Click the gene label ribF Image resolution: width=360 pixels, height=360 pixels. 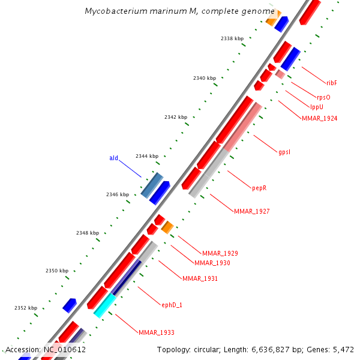point(332,83)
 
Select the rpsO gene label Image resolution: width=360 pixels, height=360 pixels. point(323,97)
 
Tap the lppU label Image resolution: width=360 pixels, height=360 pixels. point(317,107)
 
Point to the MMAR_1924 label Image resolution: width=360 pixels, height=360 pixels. point(319,118)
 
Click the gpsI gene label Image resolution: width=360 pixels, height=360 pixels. point(284,152)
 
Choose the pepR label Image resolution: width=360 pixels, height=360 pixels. point(259,188)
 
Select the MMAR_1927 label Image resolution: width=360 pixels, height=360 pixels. point(251,211)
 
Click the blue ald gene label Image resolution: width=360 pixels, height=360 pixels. point(113,158)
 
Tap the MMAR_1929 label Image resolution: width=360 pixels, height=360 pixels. point(220,253)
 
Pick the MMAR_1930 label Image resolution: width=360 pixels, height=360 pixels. point(212,263)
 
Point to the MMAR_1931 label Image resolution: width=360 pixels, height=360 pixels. point(200,278)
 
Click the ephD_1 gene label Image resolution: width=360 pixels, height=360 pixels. point(172,305)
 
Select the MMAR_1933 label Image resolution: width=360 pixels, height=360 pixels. point(156,332)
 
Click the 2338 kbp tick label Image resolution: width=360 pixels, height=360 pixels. point(232,38)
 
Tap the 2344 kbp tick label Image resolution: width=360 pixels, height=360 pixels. point(147,156)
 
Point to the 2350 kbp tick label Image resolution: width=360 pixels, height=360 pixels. point(57,271)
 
